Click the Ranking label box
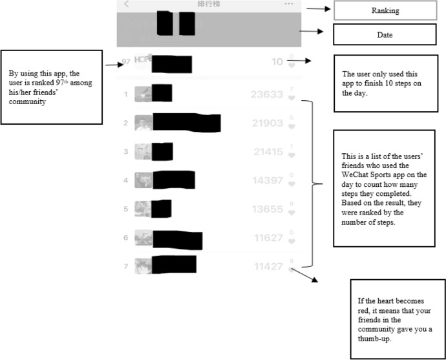point(386,10)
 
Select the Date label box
point(386,34)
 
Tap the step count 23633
point(267,95)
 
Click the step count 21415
point(268,152)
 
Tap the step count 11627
point(268,238)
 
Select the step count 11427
point(268,266)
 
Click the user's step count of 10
point(277,62)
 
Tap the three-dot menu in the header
point(288,4)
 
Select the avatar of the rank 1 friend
point(142,94)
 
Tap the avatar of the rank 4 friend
point(143,180)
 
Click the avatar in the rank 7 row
point(143,266)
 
